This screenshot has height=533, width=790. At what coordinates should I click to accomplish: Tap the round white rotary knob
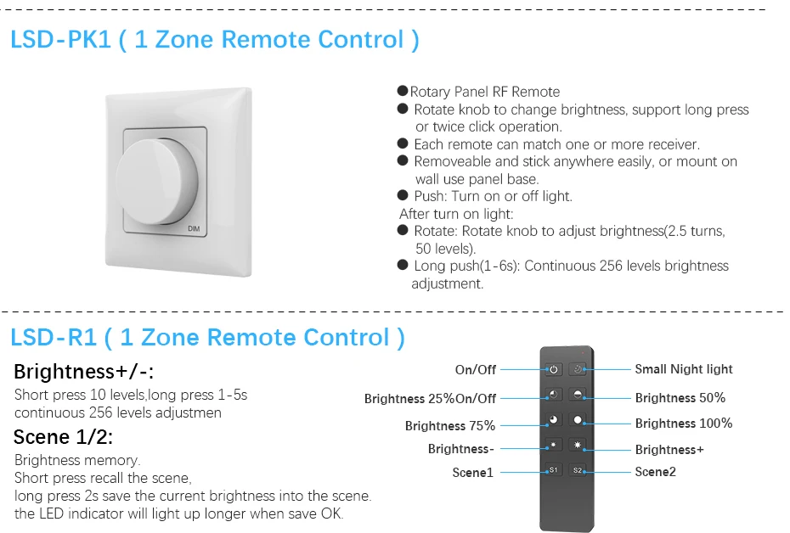159,174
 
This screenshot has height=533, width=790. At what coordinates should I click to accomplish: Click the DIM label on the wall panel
193,229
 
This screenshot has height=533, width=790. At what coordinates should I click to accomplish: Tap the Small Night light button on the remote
578,369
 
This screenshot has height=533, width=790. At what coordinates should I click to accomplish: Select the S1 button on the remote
553,470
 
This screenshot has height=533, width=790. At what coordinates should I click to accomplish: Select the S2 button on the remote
578,470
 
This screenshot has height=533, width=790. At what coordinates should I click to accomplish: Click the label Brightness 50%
680,398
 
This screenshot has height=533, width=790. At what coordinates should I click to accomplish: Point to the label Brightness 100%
683,424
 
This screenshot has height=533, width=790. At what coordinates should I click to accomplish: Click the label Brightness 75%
449,426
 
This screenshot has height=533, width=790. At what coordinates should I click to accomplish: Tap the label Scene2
655,472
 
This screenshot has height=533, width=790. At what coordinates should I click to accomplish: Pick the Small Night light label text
683,369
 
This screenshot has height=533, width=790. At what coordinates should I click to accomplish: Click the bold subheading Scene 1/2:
63,438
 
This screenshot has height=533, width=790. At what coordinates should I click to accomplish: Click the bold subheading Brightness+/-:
84,372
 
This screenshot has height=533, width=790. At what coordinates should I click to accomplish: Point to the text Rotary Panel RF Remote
484,92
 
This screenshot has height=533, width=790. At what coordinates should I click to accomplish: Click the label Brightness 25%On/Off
430,399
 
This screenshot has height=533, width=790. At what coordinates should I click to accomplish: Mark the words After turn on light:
456,214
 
